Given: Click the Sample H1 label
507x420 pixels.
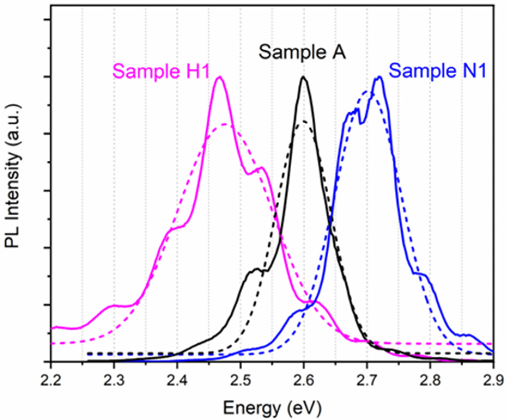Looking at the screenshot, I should click(161, 71).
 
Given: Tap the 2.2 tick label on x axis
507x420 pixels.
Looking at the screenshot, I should click(51, 381).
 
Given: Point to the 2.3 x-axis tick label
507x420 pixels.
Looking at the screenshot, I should click(114, 381).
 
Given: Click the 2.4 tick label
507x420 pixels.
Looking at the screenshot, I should click(177, 381).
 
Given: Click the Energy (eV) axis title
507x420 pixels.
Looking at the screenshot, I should click(272, 408).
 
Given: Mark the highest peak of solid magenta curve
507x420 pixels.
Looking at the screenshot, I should click(219, 77).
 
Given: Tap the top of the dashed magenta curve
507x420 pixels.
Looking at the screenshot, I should click(225, 124).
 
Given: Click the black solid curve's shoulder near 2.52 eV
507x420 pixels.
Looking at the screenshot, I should click(256, 269).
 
